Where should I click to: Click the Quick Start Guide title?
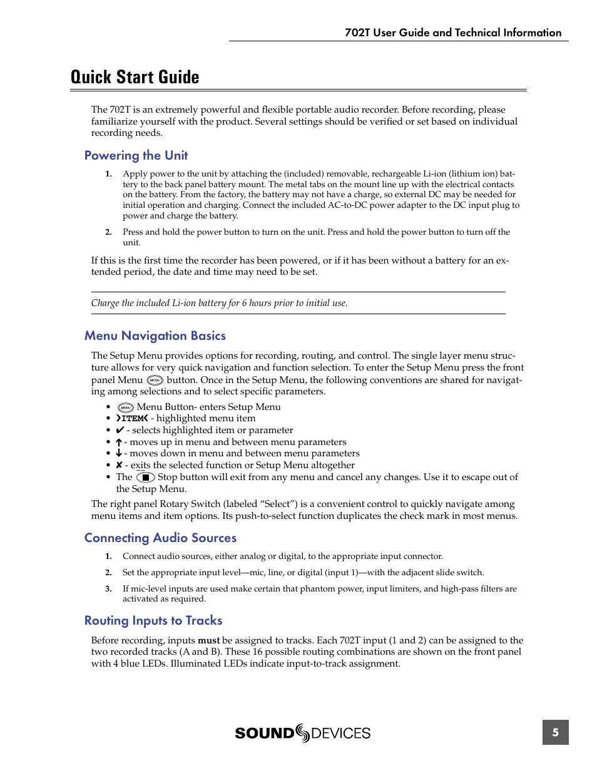(x=135, y=77)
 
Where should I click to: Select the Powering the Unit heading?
(x=136, y=155)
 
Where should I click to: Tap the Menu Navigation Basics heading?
(x=155, y=335)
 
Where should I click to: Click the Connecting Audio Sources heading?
(x=160, y=538)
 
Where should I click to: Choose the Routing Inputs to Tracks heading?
(x=153, y=620)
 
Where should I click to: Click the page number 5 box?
(x=555, y=732)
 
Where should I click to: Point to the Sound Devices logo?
(x=303, y=733)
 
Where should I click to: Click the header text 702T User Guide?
(x=452, y=33)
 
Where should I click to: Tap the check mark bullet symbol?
(x=120, y=430)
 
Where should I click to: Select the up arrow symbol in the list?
(x=118, y=442)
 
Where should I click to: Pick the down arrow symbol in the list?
(x=118, y=453)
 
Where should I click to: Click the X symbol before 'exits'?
(x=119, y=465)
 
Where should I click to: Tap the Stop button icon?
(x=145, y=477)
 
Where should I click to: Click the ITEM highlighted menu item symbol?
(x=132, y=418)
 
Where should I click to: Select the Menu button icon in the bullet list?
(x=126, y=407)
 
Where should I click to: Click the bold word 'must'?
(x=208, y=640)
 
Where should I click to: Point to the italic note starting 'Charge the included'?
(x=219, y=303)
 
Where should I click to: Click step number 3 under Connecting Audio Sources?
(x=108, y=588)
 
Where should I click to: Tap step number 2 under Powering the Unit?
(x=108, y=232)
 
